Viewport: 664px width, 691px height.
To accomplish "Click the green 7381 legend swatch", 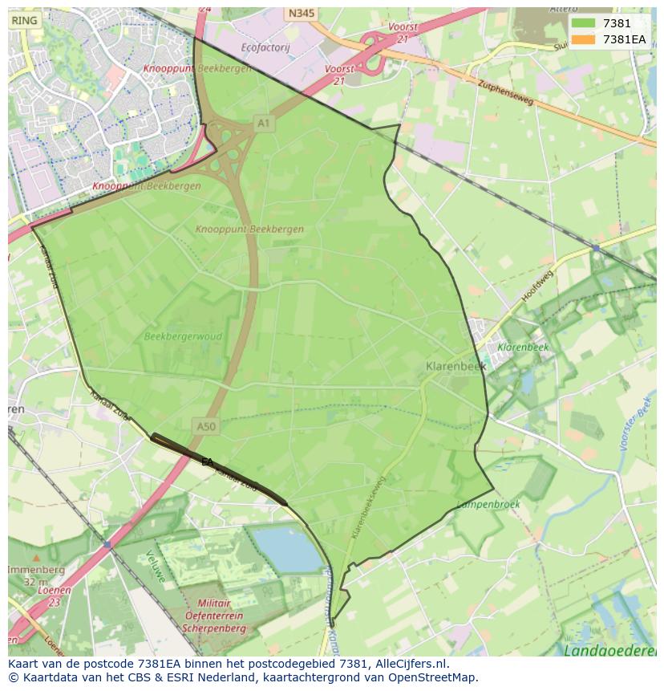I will coord(584,23).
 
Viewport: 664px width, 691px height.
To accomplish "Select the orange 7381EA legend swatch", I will coord(584,39).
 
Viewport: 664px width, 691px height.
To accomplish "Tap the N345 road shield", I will coord(301,14).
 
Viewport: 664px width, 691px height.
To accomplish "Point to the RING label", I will coord(24,21).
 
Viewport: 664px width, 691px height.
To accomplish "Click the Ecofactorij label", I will coord(265,48).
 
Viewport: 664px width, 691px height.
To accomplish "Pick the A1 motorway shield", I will coord(263,123).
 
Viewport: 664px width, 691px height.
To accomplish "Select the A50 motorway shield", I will coord(205,427).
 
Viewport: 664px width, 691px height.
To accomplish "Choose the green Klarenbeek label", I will coord(523,348).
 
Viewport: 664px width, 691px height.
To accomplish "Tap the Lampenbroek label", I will coord(488,505).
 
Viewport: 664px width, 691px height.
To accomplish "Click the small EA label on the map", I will coord(207,462).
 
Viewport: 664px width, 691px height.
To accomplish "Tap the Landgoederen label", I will coord(611,650).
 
